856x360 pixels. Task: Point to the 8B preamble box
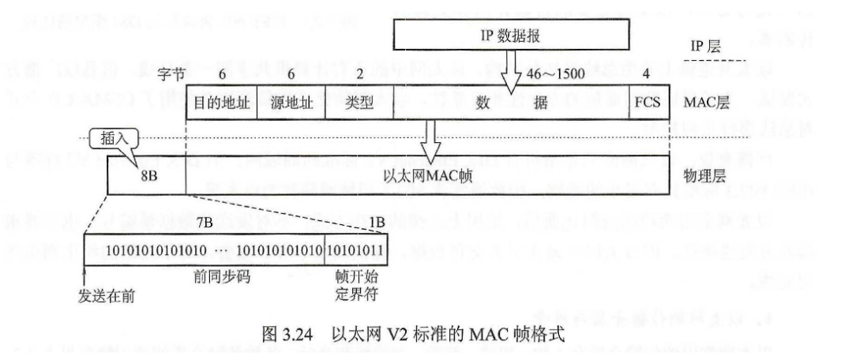point(147,176)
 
